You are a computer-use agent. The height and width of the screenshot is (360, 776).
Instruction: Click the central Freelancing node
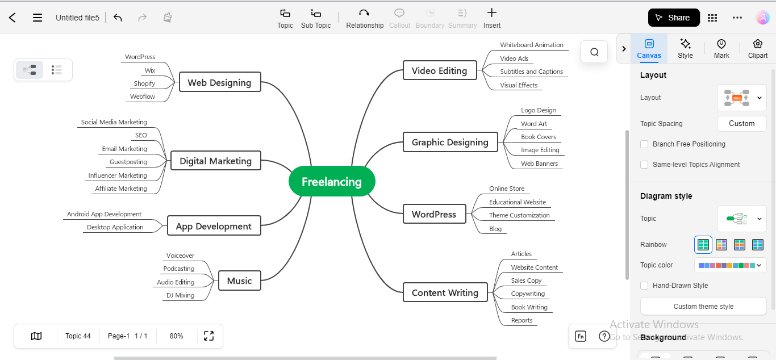point(332,182)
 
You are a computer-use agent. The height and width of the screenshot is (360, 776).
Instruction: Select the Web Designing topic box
point(219,82)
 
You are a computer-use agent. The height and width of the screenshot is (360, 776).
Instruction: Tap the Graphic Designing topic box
point(450,142)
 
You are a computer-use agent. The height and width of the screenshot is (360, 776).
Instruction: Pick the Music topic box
point(239,281)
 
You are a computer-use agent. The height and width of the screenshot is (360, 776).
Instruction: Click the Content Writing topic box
point(445,292)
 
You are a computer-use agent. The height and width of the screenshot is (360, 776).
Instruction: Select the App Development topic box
point(214,226)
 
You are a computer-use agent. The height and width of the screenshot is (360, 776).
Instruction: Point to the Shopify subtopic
point(144,83)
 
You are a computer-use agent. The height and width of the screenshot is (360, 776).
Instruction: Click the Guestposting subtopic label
point(128,162)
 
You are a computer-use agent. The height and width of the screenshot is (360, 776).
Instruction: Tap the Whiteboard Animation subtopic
point(532,45)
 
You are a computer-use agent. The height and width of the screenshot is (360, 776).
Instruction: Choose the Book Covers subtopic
point(539,137)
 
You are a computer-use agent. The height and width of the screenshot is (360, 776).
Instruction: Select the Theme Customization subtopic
point(519,215)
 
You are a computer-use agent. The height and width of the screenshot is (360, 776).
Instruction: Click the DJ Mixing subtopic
point(180,295)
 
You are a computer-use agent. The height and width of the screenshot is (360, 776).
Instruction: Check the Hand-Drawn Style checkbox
point(644,286)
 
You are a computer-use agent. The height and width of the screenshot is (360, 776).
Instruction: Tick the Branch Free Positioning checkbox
point(644,144)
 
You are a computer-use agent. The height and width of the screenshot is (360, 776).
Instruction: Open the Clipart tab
point(758,48)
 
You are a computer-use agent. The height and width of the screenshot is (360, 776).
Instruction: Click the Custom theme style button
point(703,307)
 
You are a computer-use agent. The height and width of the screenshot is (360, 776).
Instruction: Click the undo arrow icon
point(118,18)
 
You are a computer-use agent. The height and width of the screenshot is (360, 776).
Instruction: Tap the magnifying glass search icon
point(594,52)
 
